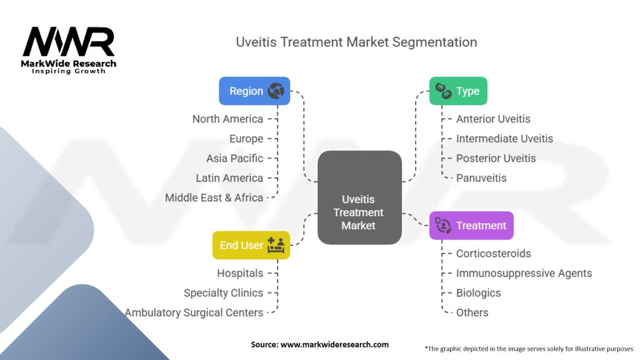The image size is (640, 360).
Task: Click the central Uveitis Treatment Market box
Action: pos(359,197)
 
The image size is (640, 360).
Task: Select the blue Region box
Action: pos(254,91)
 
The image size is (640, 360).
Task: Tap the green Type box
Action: pos(458,91)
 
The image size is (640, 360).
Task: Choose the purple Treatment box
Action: pos(471,226)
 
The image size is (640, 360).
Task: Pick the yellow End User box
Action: pos(251,245)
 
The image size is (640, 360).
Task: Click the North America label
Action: pos(227,119)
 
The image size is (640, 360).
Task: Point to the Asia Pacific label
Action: pos(234,158)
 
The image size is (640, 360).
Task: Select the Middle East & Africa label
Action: pos(214,197)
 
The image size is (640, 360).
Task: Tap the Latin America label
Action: pos(229,178)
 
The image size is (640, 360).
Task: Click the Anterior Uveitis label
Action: pos(492,119)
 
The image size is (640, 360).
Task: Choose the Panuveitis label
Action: pos(481,178)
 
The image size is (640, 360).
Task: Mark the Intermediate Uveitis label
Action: pos(504,139)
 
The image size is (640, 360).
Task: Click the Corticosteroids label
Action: pos(493,254)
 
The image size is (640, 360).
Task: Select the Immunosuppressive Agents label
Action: pos(524,273)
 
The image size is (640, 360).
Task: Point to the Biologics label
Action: pos(478,293)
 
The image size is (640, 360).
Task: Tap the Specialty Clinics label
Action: pos(223,293)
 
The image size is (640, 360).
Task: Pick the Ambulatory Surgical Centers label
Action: pos(194,312)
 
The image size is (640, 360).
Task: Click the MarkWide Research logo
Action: pos(69,50)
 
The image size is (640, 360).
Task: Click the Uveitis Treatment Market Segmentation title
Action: pos(356,42)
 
